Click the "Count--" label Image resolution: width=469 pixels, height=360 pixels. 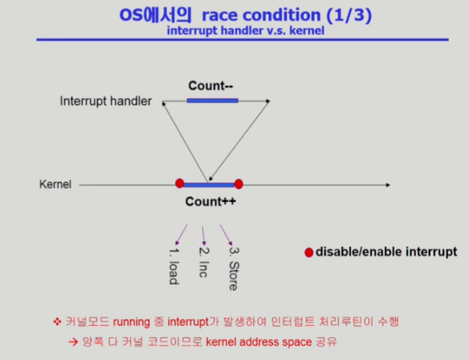click(210, 86)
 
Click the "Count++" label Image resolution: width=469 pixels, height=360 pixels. click(210, 201)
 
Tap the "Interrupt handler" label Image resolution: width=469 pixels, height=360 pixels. click(106, 101)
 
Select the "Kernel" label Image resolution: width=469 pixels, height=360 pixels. click(55, 185)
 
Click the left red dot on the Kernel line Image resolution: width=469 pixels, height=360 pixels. click(179, 183)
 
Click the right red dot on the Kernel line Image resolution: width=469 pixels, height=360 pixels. click(238, 184)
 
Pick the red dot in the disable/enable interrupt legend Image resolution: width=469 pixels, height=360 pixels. click(309, 253)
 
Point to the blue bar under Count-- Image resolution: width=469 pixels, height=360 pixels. click(212, 101)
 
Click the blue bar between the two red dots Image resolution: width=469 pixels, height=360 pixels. click(209, 185)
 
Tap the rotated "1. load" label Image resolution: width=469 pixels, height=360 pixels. click(174, 266)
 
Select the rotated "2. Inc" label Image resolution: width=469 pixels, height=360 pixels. click(204, 263)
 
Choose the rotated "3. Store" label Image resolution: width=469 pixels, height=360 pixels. click(234, 268)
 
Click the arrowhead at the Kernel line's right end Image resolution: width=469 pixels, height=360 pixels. click(388, 185)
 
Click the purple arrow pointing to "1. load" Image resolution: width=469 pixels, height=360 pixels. click(181, 235)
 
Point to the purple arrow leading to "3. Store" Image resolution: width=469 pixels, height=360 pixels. click(226, 235)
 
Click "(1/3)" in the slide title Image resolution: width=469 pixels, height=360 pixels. click(349, 15)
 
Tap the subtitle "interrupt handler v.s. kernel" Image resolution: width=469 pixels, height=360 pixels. click(246, 31)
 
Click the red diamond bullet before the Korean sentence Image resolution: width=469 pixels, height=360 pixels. click(57, 322)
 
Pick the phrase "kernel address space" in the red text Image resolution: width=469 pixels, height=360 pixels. click(259, 342)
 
